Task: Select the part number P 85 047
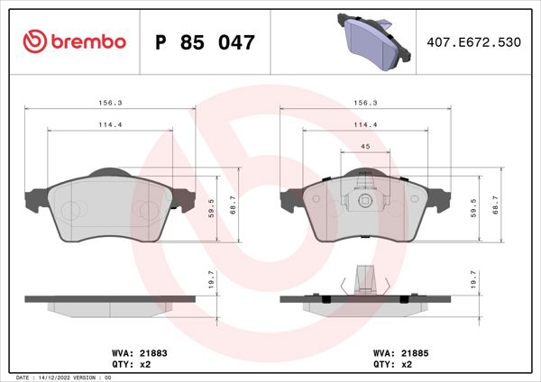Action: (x=206, y=41)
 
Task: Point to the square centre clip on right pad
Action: (x=365, y=201)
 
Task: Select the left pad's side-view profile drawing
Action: (x=111, y=304)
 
